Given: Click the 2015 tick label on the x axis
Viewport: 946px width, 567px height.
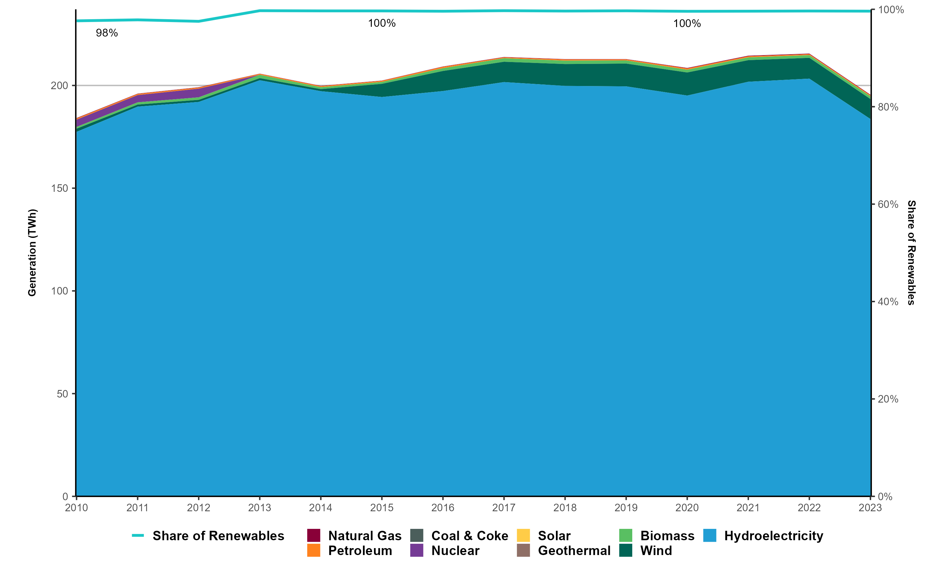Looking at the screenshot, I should point(382,508).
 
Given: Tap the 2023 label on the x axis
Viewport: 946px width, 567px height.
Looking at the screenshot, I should point(870,508).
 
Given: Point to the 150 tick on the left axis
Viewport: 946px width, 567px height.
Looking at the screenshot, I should point(59,188).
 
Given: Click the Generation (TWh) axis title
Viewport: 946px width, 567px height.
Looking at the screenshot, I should point(32,253).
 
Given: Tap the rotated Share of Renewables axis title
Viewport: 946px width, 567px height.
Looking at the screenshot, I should point(912,253).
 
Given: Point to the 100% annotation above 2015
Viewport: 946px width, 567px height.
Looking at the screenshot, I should point(382,23).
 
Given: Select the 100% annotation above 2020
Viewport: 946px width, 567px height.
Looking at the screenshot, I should point(687,24).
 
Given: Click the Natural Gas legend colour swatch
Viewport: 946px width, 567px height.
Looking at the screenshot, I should point(313,535).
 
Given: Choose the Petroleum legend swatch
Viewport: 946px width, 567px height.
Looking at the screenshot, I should point(313,551).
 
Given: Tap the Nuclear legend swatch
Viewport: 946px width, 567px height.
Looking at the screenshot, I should point(417,551).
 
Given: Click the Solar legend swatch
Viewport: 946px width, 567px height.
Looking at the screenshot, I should point(523,535).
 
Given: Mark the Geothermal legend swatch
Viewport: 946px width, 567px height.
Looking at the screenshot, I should point(523,551).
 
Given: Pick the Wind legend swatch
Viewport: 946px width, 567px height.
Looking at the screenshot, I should point(626,551).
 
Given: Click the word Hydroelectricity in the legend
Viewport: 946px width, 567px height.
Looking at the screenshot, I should point(774,536).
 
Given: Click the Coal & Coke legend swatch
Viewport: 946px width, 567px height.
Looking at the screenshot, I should point(417,535).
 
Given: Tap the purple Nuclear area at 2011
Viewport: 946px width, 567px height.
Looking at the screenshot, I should point(138,98).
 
